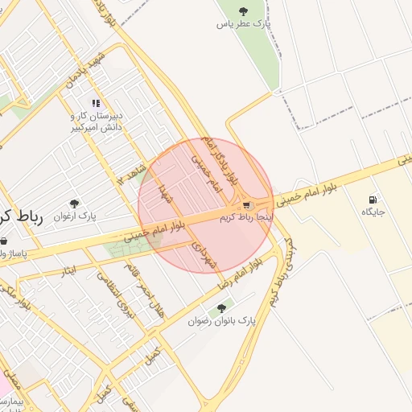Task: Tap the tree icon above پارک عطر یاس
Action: click(x=244, y=11)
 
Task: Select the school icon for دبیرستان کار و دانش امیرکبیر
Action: click(x=96, y=103)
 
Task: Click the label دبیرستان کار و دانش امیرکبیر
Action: click(x=95, y=122)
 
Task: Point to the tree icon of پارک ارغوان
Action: click(x=75, y=204)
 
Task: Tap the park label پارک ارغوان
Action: click(x=75, y=217)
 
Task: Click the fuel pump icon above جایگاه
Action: click(x=373, y=200)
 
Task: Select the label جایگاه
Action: click(x=373, y=212)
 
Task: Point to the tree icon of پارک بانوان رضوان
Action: click(x=221, y=307)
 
